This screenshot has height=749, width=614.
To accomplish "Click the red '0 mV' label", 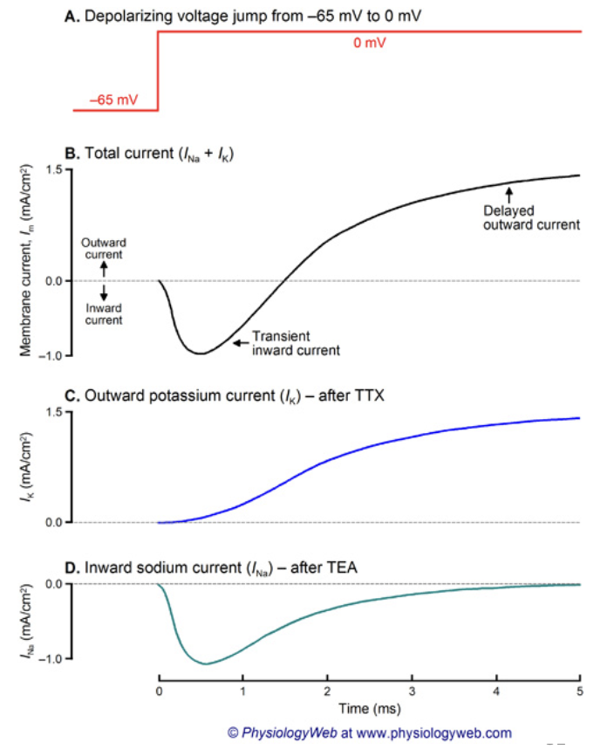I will point(370,43).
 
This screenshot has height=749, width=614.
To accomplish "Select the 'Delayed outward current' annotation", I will point(532,217).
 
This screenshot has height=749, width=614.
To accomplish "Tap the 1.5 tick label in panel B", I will point(53,170).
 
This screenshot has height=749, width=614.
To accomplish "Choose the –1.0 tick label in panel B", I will point(51,355).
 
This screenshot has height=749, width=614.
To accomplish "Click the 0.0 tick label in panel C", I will point(53,522).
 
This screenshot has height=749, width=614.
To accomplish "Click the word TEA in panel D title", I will point(342,568).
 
